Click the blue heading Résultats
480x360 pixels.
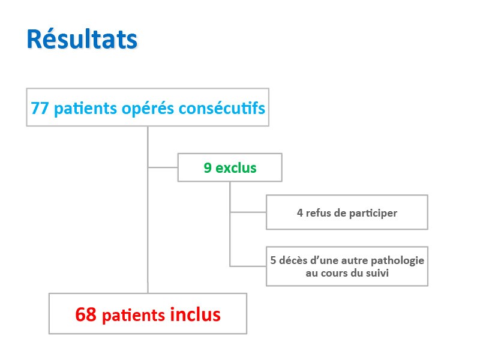(x=82, y=39)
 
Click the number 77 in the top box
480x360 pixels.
(x=40, y=109)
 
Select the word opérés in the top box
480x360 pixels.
(x=148, y=109)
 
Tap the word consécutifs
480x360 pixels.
(x=222, y=108)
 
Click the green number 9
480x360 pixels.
(x=208, y=168)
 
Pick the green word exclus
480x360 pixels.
(x=236, y=168)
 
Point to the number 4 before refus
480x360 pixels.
(x=299, y=213)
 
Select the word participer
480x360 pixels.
(x=373, y=214)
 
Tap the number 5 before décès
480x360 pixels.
(x=273, y=260)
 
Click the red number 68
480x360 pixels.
(x=86, y=314)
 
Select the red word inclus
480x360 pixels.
(x=196, y=314)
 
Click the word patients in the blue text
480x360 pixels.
(x=85, y=109)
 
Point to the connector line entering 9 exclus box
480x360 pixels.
(x=163, y=167)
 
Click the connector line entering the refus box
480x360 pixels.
(x=248, y=212)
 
